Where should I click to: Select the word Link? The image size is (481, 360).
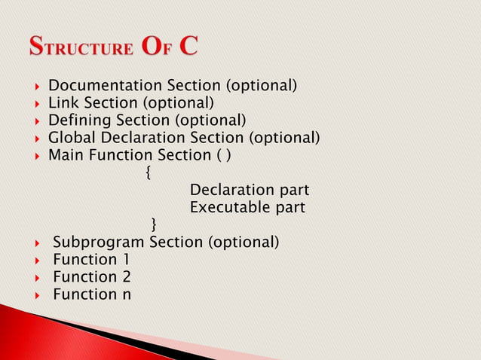tap(63, 103)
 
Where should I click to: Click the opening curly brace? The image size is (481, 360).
tap(148, 173)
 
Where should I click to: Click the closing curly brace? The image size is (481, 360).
tap(155, 224)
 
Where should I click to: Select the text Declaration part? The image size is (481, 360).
tap(250, 190)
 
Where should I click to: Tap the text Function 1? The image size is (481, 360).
tap(91, 259)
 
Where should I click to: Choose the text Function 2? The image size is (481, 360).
tap(91, 276)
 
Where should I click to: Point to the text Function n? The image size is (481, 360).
tap(91, 294)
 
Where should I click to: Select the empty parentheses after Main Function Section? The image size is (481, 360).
tap(224, 155)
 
